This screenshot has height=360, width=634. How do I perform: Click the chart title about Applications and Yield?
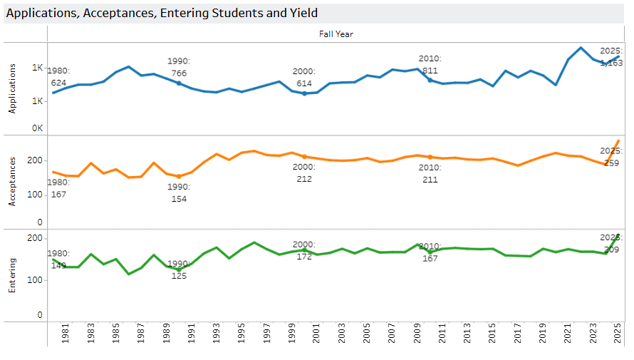pos(162,13)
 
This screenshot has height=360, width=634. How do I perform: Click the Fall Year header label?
pos(336,34)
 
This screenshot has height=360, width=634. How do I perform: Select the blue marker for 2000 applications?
pos(304,93)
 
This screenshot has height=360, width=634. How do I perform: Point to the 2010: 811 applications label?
pos(430,65)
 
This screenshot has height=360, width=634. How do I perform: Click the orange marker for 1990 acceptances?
pos(179,177)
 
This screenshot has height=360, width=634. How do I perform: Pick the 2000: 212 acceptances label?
pos(304,173)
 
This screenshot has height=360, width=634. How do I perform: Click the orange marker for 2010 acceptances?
pos(430,157)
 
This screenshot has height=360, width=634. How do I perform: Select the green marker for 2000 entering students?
pos(304,250)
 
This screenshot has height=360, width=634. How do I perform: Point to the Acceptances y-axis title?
pos(11,182)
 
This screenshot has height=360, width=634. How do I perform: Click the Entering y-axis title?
pos(11,276)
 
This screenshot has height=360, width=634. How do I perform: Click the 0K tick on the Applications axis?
pos(37,128)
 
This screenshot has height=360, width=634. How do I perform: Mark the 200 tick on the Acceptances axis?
pos(35,161)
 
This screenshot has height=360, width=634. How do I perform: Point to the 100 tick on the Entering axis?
pos(35,279)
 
